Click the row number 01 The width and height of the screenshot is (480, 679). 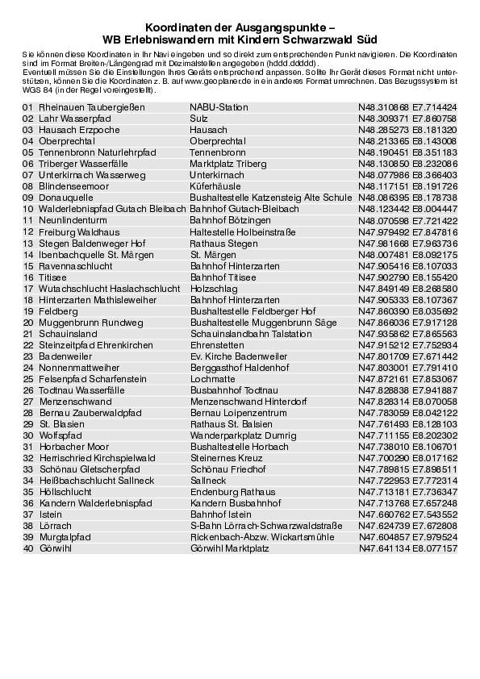[x=28, y=106]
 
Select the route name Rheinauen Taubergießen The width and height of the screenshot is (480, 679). [x=91, y=106]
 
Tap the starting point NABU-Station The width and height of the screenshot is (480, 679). [x=219, y=106]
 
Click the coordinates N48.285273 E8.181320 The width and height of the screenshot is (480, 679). [x=407, y=129]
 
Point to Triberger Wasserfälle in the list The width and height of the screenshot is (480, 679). [x=83, y=163]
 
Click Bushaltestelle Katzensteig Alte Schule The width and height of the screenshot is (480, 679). [x=270, y=197]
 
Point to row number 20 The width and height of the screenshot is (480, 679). [x=28, y=322]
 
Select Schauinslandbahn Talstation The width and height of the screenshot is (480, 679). [x=251, y=333]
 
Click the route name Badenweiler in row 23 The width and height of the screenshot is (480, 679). [x=72, y=356]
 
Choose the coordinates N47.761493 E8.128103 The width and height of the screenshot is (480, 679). [x=407, y=423]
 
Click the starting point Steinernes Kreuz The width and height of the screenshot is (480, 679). [x=226, y=457]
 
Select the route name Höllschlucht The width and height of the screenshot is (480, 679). [x=72, y=491]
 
